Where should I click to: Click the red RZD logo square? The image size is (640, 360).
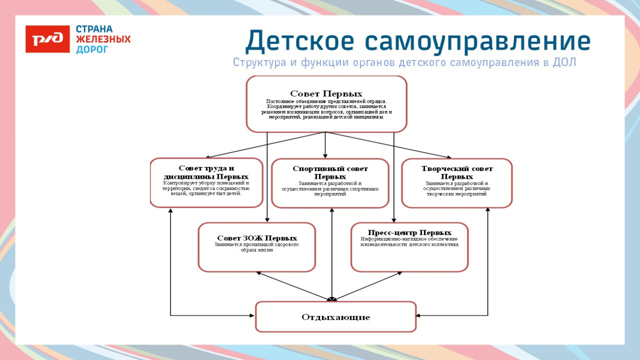coord(47,39)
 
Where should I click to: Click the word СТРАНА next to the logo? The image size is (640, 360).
coord(94,29)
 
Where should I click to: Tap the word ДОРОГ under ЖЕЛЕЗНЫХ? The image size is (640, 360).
coord(92,50)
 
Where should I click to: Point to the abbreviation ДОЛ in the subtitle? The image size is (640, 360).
coord(564,62)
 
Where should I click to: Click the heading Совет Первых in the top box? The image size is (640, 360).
coord(326,94)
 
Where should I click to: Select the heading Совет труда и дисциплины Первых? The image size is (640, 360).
coord(206,172)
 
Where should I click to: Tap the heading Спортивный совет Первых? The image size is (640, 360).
coord(330,173)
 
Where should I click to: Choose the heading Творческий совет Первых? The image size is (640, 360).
coord(457,172)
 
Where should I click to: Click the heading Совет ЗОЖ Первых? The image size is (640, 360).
coord(257,238)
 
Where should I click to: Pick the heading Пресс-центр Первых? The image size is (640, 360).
coord(410,232)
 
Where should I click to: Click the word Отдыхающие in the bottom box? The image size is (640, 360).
coord(335,317)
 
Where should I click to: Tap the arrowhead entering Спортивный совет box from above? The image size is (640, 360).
coord(325,156)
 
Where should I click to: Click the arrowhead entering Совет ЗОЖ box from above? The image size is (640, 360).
coord(267,220)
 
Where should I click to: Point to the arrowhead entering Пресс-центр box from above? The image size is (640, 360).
coord(394,220)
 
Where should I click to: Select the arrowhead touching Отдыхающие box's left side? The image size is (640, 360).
coord(252,315)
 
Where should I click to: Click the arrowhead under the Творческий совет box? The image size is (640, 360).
coord(487,210)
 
